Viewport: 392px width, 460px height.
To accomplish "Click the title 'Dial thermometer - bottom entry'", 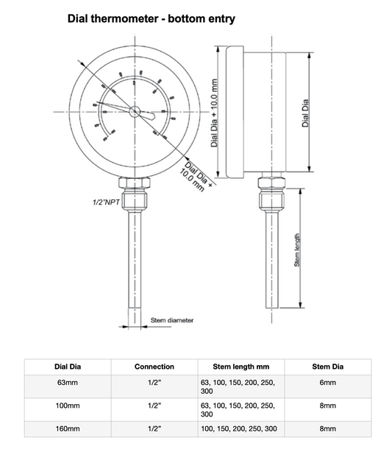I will coord(152,18).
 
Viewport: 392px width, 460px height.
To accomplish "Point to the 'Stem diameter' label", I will coord(172,320).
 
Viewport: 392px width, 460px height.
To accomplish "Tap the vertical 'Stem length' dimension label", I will coord(297,250).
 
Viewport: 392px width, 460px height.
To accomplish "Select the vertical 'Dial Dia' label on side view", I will coord(306,111).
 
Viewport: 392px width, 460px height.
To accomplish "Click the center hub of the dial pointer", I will coord(135,111).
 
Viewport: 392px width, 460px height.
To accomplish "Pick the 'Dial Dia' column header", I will coord(68,366).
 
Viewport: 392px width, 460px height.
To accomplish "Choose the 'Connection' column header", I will coord(154,366).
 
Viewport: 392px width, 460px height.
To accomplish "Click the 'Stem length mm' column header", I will coord(241,366).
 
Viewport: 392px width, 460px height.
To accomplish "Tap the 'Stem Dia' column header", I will coord(328,366).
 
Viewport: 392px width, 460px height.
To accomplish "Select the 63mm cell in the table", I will coord(68,383).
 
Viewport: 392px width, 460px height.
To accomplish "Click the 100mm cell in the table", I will coord(68,406).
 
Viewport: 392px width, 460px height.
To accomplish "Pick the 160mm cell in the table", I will coord(68,428).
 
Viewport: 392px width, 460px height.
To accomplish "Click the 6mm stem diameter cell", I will coord(328,383).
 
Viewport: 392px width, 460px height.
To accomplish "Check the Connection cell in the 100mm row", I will coord(154,406).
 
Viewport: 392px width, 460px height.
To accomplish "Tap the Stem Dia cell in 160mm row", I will coord(328,428).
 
